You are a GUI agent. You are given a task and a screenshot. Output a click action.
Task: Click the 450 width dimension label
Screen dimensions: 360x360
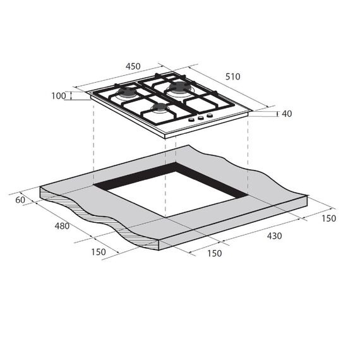click(133, 66)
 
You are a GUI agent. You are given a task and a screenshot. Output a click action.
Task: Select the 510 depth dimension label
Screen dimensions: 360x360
click(233, 76)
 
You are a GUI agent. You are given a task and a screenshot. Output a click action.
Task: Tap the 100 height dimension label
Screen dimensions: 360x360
click(59, 96)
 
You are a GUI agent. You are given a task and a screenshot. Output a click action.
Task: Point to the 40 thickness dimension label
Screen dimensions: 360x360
click(287, 114)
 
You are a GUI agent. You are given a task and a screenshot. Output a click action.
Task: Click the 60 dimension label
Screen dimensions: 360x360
click(20, 200)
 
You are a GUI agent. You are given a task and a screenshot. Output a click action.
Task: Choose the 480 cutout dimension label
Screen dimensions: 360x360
click(62, 226)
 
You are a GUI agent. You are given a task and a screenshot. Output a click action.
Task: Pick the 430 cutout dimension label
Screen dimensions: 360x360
click(274, 236)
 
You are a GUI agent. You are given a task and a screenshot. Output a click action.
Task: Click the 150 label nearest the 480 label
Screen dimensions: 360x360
click(99, 252)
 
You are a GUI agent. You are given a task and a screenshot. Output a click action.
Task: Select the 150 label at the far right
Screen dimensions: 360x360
click(329, 219)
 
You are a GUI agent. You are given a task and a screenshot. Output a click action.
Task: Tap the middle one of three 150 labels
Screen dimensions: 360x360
click(215, 253)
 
